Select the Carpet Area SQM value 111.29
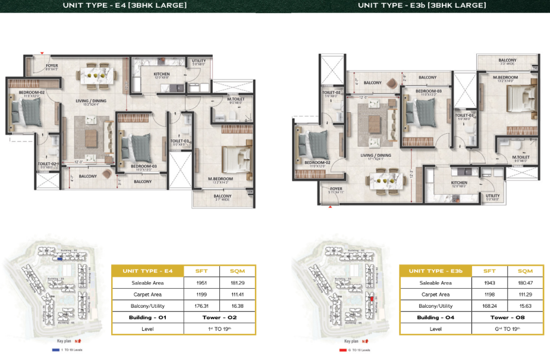[x=525, y=295]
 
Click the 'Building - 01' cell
[x=147, y=318]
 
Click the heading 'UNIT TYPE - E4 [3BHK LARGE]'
[x=124, y=6]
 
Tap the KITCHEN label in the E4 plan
[x=162, y=74]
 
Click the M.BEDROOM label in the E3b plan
[x=505, y=78]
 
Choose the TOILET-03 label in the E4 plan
[x=180, y=141]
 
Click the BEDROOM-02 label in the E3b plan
[x=317, y=162]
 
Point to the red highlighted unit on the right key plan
[x=370, y=300]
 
